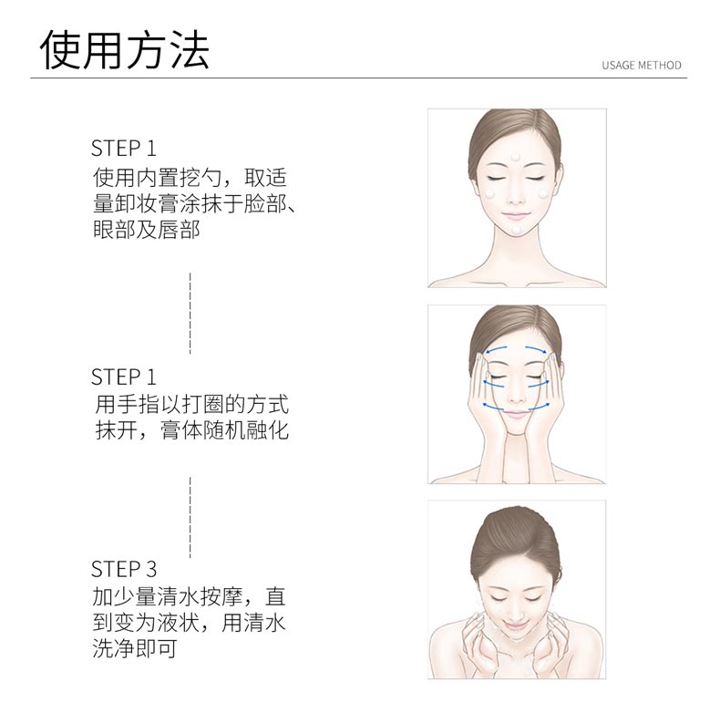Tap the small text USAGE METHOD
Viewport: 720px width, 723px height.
[x=641, y=66]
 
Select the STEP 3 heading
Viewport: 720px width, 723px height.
[x=124, y=570]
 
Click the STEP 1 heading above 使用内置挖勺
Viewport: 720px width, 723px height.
[x=124, y=149]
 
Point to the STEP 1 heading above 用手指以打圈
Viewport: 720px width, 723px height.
[x=124, y=376]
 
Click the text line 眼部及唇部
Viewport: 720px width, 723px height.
[x=147, y=230]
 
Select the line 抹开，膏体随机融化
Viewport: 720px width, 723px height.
[x=191, y=429]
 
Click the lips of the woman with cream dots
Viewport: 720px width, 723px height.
[x=517, y=216]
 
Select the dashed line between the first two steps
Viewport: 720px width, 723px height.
[x=190, y=312]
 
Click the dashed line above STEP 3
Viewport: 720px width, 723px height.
[x=190, y=516]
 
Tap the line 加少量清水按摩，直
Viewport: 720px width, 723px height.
[x=190, y=598]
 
